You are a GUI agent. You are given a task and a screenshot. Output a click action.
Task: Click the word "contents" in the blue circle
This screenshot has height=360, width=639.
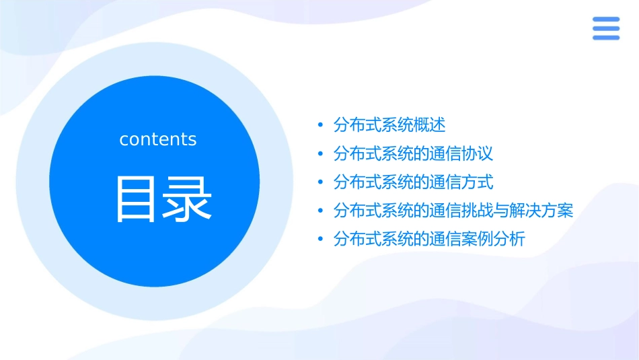tap(158, 139)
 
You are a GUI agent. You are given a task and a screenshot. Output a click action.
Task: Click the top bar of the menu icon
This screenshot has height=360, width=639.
tap(606, 20)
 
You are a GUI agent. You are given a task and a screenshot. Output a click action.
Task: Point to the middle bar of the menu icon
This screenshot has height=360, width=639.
tap(606, 28)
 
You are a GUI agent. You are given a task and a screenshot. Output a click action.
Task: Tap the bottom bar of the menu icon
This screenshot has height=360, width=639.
tap(606, 37)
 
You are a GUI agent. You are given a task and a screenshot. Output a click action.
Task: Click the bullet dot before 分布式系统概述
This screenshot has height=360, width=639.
tap(320, 125)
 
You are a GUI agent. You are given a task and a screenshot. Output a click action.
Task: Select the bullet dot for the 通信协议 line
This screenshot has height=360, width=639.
tap(320, 154)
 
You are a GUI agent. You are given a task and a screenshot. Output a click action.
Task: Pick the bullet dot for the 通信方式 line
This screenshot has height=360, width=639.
tap(320, 182)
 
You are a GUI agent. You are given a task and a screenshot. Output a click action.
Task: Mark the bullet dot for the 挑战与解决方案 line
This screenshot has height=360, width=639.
tap(320, 211)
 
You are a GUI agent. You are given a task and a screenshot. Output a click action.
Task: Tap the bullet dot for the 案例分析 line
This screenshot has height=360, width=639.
tap(320, 240)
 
